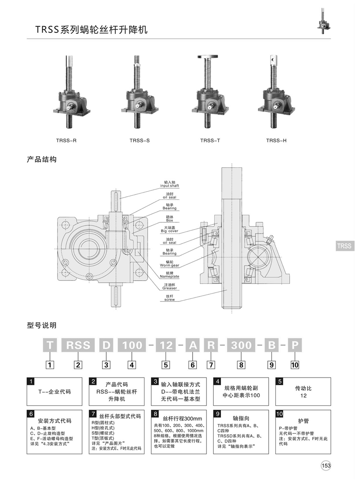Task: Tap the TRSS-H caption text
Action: (x=276, y=140)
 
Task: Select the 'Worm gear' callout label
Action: (x=170, y=265)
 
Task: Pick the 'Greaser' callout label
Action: (x=170, y=287)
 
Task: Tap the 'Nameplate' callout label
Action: (x=170, y=276)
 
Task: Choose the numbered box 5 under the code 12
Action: (x=166, y=365)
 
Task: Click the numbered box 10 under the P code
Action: (x=295, y=365)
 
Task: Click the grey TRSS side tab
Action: (x=345, y=246)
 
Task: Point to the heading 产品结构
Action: (x=42, y=160)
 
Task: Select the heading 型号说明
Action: (x=42, y=325)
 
